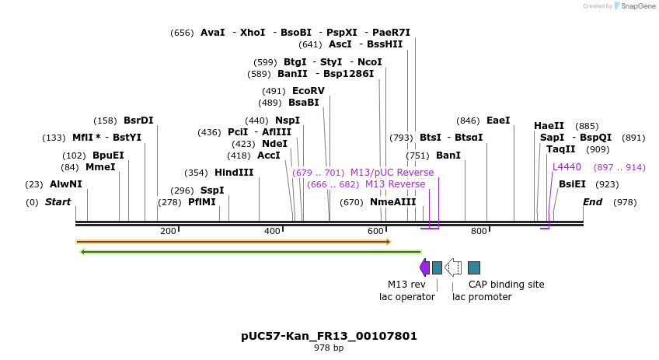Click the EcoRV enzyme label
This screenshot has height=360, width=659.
coord(309,91)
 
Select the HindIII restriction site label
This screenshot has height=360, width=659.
coord(234,173)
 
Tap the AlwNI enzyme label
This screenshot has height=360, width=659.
coord(66,184)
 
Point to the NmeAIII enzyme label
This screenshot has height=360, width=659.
coord(393,202)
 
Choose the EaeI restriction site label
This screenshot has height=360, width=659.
coord(498,121)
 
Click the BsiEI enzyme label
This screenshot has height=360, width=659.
coord(573,184)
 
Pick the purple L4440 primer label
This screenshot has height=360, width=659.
coord(567,167)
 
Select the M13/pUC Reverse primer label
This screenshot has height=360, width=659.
coord(392,173)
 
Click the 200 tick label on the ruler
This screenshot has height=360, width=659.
coord(168,231)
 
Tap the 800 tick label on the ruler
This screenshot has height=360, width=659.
coord(479,231)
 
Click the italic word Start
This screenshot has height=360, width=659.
coord(58,202)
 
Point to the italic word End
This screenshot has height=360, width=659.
coord(593,202)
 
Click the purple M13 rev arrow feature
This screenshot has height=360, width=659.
coord(424,267)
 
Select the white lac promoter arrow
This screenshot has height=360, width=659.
coord(453,267)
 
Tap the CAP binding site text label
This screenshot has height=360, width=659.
coord(506,285)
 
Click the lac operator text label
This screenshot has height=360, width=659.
coord(407,297)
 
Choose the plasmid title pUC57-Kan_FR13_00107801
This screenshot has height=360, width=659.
coord(329,337)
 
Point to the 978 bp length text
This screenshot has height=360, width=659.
coord(329,348)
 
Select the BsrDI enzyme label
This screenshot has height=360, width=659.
coord(138,121)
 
